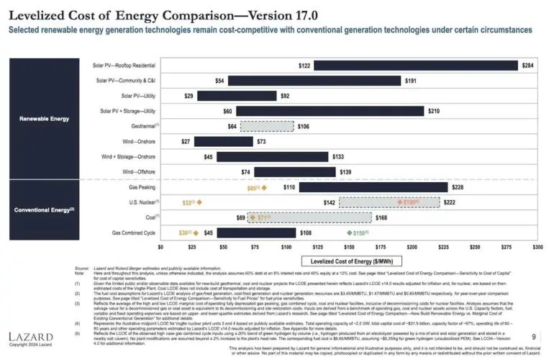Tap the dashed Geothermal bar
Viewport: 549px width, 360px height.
(266, 127)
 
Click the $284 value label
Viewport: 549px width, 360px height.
(528, 66)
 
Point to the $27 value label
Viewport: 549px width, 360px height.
(186, 142)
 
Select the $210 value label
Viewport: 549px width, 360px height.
(433, 112)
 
